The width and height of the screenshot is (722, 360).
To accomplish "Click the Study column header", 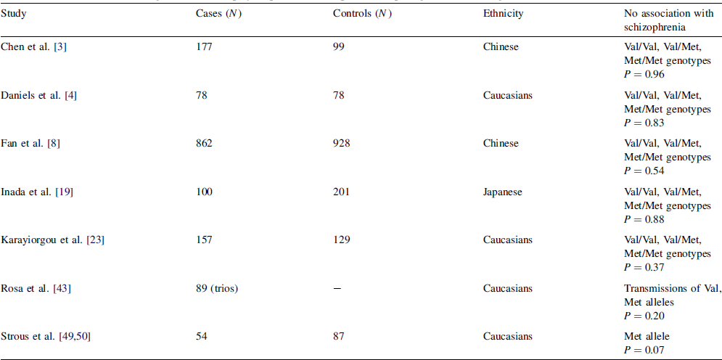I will (14, 14).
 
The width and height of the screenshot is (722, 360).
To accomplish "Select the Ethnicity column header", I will (503, 14).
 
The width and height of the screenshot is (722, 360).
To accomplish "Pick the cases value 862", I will (204, 144).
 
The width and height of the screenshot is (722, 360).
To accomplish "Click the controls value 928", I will (341, 144).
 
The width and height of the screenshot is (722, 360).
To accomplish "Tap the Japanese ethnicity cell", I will (503, 192).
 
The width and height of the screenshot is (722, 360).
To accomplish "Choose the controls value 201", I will (341, 192).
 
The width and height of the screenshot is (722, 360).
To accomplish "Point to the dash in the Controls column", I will (337, 289).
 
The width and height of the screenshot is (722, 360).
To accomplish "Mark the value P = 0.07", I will (645, 348).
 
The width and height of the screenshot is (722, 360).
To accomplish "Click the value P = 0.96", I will (645, 73).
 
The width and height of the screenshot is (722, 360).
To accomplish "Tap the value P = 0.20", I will (645, 315).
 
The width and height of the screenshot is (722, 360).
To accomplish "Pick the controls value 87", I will (338, 336).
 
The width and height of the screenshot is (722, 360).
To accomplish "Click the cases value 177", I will (204, 47).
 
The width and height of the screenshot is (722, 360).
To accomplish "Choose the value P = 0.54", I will (645, 171).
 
